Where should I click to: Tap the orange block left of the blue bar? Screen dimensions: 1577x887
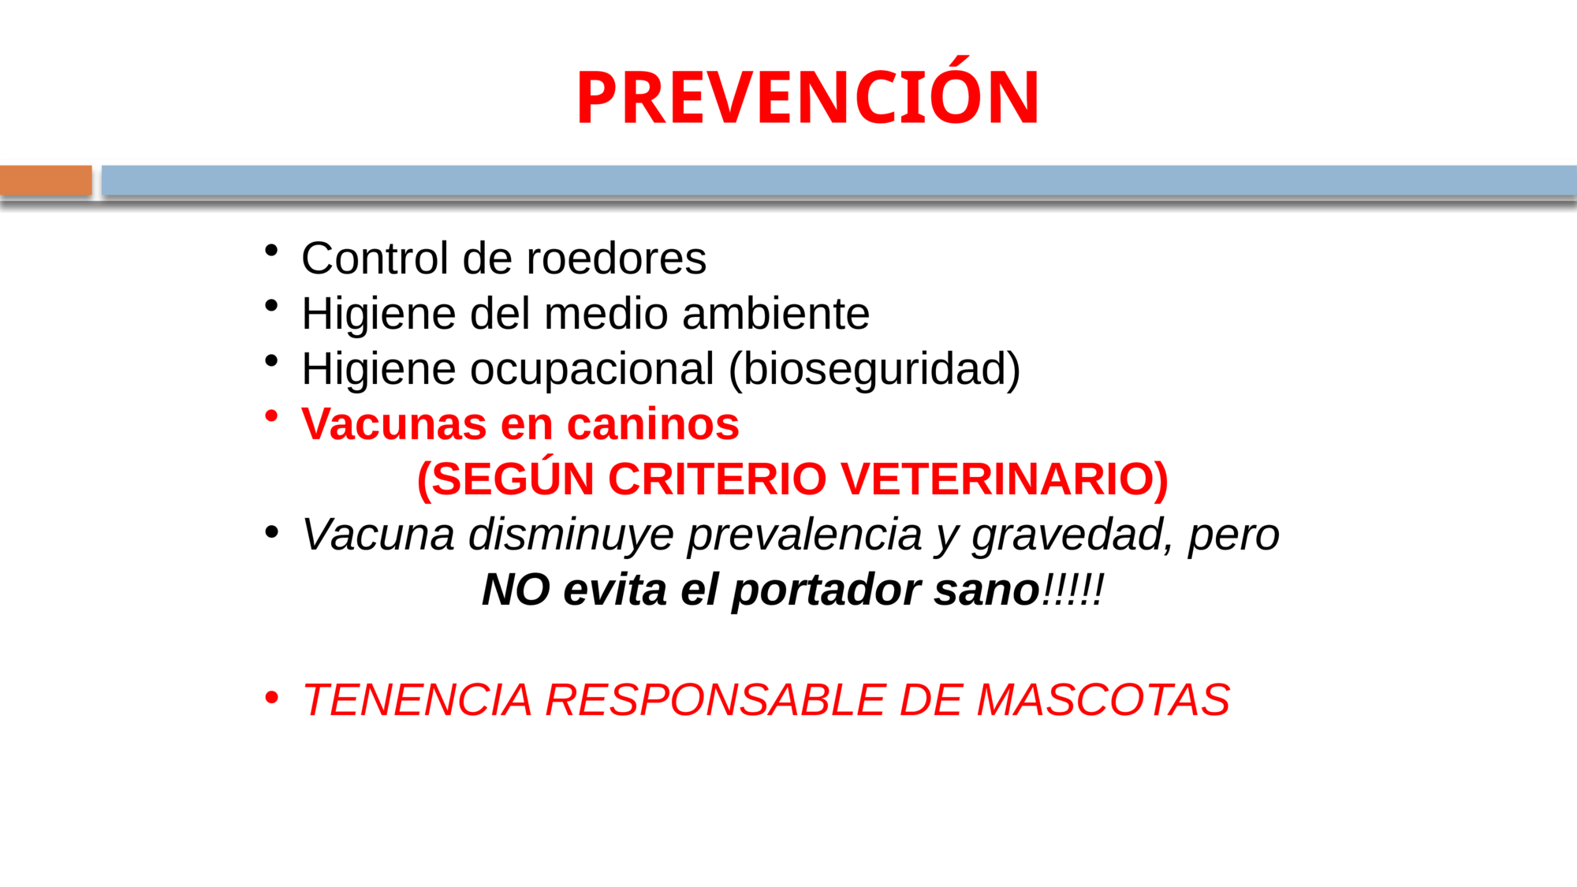coord(46,181)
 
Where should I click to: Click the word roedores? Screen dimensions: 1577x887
coord(616,259)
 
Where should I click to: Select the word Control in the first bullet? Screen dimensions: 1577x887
coord(375,259)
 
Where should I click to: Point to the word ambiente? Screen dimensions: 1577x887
coord(776,314)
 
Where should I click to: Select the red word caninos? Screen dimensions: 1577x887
coord(653,424)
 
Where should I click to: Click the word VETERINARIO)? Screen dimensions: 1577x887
coord(1004,479)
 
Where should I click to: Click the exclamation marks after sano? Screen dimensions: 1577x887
coord(1072,590)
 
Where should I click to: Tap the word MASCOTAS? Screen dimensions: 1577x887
coord(1103,700)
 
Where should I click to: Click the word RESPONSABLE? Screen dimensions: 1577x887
coord(715,700)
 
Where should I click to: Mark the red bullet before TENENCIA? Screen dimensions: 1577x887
coord(272,698)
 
